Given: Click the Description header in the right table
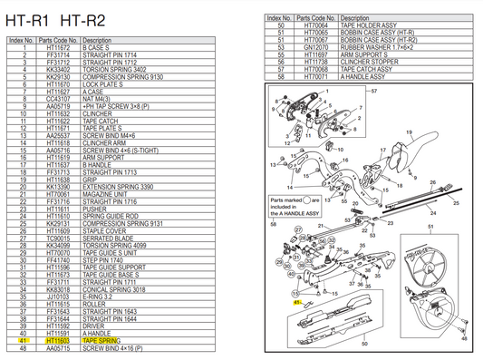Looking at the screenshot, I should [354, 18].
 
